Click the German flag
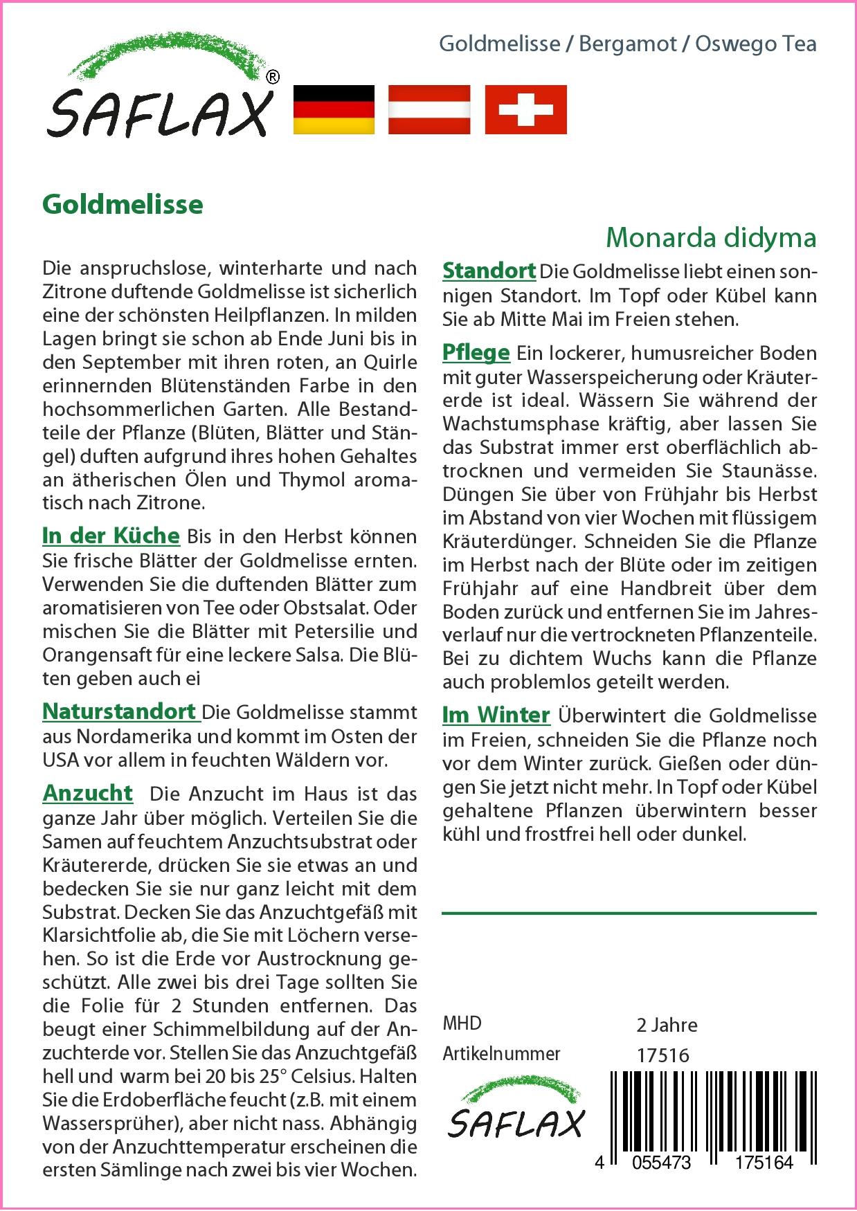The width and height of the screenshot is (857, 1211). [334, 109]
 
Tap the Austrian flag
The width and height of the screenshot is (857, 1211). [429, 109]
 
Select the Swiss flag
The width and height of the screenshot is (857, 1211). [525, 109]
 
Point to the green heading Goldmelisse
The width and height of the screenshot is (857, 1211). [123, 205]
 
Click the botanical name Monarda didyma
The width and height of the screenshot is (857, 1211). [711, 237]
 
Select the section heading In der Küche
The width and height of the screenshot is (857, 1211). [111, 536]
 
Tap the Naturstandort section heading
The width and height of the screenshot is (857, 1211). [120, 711]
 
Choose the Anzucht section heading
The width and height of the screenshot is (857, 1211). [87, 793]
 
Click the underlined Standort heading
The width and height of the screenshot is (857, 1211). [489, 271]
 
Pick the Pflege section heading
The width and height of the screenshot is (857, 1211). [476, 352]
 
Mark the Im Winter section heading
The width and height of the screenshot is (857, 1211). [496, 715]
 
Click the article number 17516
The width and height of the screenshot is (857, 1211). [662, 1055]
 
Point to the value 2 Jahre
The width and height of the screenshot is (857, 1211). [667, 1024]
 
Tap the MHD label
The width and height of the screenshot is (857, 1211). [462, 1023]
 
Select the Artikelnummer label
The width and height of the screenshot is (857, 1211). [501, 1054]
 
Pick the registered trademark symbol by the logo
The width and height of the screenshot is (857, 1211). [273, 78]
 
